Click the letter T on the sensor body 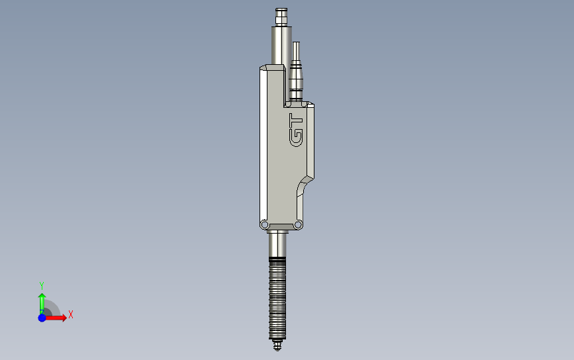click(x=296, y=121)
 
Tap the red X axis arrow click(x=56, y=318)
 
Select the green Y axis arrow click(x=42, y=298)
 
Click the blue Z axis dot click(x=42, y=318)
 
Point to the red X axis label click(x=70, y=315)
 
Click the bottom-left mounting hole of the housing click(x=263, y=224)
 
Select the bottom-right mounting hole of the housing click(x=298, y=224)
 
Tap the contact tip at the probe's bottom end click(x=277, y=344)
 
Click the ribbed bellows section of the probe click(x=277, y=298)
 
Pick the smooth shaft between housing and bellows click(x=277, y=245)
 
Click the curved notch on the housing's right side click(x=303, y=186)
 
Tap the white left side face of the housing click(x=263, y=146)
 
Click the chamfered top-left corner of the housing click(x=264, y=67)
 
